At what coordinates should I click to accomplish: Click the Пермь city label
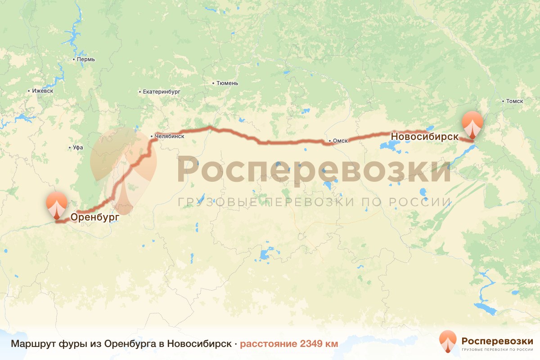(x=86, y=59)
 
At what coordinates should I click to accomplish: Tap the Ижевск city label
(x=43, y=90)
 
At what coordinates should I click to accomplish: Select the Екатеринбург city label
(x=162, y=91)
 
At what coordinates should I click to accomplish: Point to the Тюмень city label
(x=227, y=83)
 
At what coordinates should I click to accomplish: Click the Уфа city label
(x=78, y=148)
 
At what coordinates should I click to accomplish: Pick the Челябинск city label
(x=169, y=135)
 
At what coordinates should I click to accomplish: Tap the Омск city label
(x=341, y=141)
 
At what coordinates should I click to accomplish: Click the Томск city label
(x=514, y=101)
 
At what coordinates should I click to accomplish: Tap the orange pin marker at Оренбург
(x=57, y=205)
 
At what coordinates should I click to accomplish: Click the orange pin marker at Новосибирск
(x=472, y=124)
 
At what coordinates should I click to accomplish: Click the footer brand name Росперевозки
(x=497, y=340)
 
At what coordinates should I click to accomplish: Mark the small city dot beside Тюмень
(x=213, y=83)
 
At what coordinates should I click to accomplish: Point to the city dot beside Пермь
(x=74, y=59)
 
